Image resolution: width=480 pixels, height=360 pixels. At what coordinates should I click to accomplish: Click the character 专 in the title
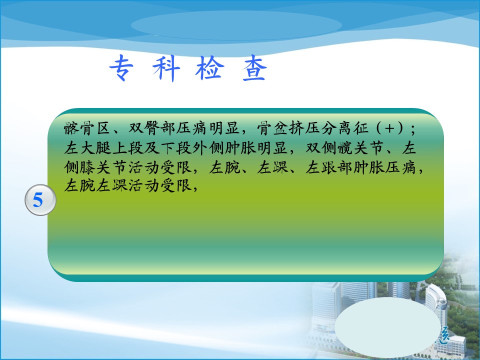point(121,68)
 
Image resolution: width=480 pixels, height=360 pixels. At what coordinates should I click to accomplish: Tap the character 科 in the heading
point(166,68)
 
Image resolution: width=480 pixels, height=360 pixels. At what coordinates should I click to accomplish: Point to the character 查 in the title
point(254,68)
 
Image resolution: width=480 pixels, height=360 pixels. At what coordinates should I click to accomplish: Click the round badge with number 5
point(40,200)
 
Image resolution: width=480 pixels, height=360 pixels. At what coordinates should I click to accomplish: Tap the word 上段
point(128,148)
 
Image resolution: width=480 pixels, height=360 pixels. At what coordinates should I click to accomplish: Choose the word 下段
point(176,148)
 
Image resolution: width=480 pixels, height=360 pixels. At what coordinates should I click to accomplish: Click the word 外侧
point(208,148)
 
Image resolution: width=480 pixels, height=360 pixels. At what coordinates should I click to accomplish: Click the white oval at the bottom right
point(386,327)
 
